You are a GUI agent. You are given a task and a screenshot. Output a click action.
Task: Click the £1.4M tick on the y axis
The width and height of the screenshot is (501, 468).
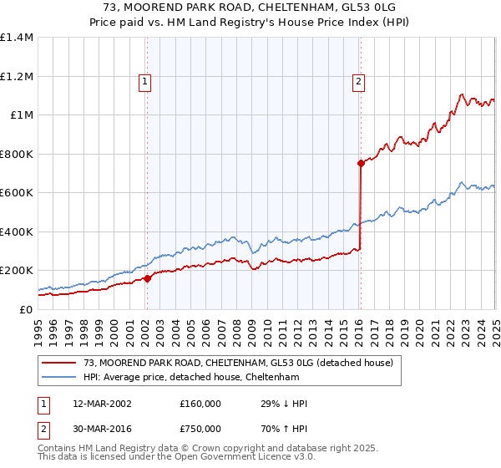(17, 38)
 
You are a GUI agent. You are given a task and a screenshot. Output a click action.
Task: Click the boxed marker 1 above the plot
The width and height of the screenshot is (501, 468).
(145, 81)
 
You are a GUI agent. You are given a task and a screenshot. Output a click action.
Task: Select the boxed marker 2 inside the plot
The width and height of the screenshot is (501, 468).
(358, 81)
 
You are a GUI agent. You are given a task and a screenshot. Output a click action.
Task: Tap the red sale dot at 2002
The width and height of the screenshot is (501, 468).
(147, 278)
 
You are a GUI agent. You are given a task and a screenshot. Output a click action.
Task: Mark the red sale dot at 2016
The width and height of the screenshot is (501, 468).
(361, 164)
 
